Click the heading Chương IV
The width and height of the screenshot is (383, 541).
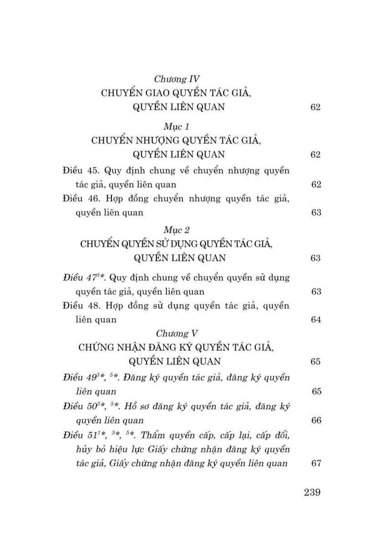[177, 79]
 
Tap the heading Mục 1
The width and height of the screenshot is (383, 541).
[177, 127]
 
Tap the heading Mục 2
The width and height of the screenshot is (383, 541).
[177, 230]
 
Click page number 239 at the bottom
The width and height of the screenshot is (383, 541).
[312, 493]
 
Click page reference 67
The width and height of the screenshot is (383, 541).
[315, 463]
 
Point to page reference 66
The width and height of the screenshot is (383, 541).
[315, 420]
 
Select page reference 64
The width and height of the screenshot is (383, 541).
[315, 320]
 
